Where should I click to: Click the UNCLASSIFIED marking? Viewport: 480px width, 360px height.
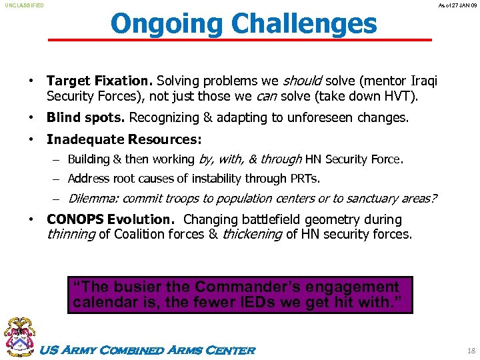tap(25, 5)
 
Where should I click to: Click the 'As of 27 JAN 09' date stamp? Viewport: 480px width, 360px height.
tap(456, 5)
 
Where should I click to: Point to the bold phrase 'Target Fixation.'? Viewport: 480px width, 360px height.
tap(99, 81)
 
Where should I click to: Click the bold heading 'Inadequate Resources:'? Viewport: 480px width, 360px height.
tap(124, 139)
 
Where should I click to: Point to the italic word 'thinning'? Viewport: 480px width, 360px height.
tap(71, 234)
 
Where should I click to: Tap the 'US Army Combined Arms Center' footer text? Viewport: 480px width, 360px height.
tap(148, 350)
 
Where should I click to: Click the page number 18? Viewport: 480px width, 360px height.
tap(471, 350)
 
